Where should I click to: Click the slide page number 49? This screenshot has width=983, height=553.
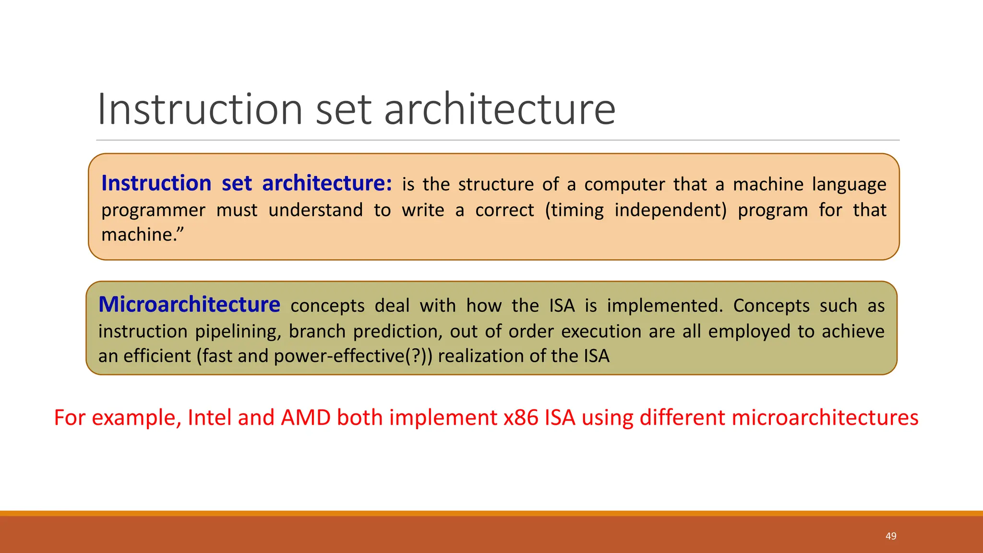point(891,536)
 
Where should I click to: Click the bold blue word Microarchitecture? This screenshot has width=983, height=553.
point(189,305)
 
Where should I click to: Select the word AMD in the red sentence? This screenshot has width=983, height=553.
point(306,418)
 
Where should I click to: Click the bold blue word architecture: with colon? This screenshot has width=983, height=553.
point(327,184)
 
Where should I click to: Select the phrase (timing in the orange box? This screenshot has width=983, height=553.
point(574,211)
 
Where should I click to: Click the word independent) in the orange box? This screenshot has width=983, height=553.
point(671,211)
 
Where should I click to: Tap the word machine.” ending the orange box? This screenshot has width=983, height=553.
point(143,235)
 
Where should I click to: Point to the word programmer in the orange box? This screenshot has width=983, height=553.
point(153,211)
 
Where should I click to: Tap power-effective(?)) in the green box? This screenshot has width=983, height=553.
point(353,356)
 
